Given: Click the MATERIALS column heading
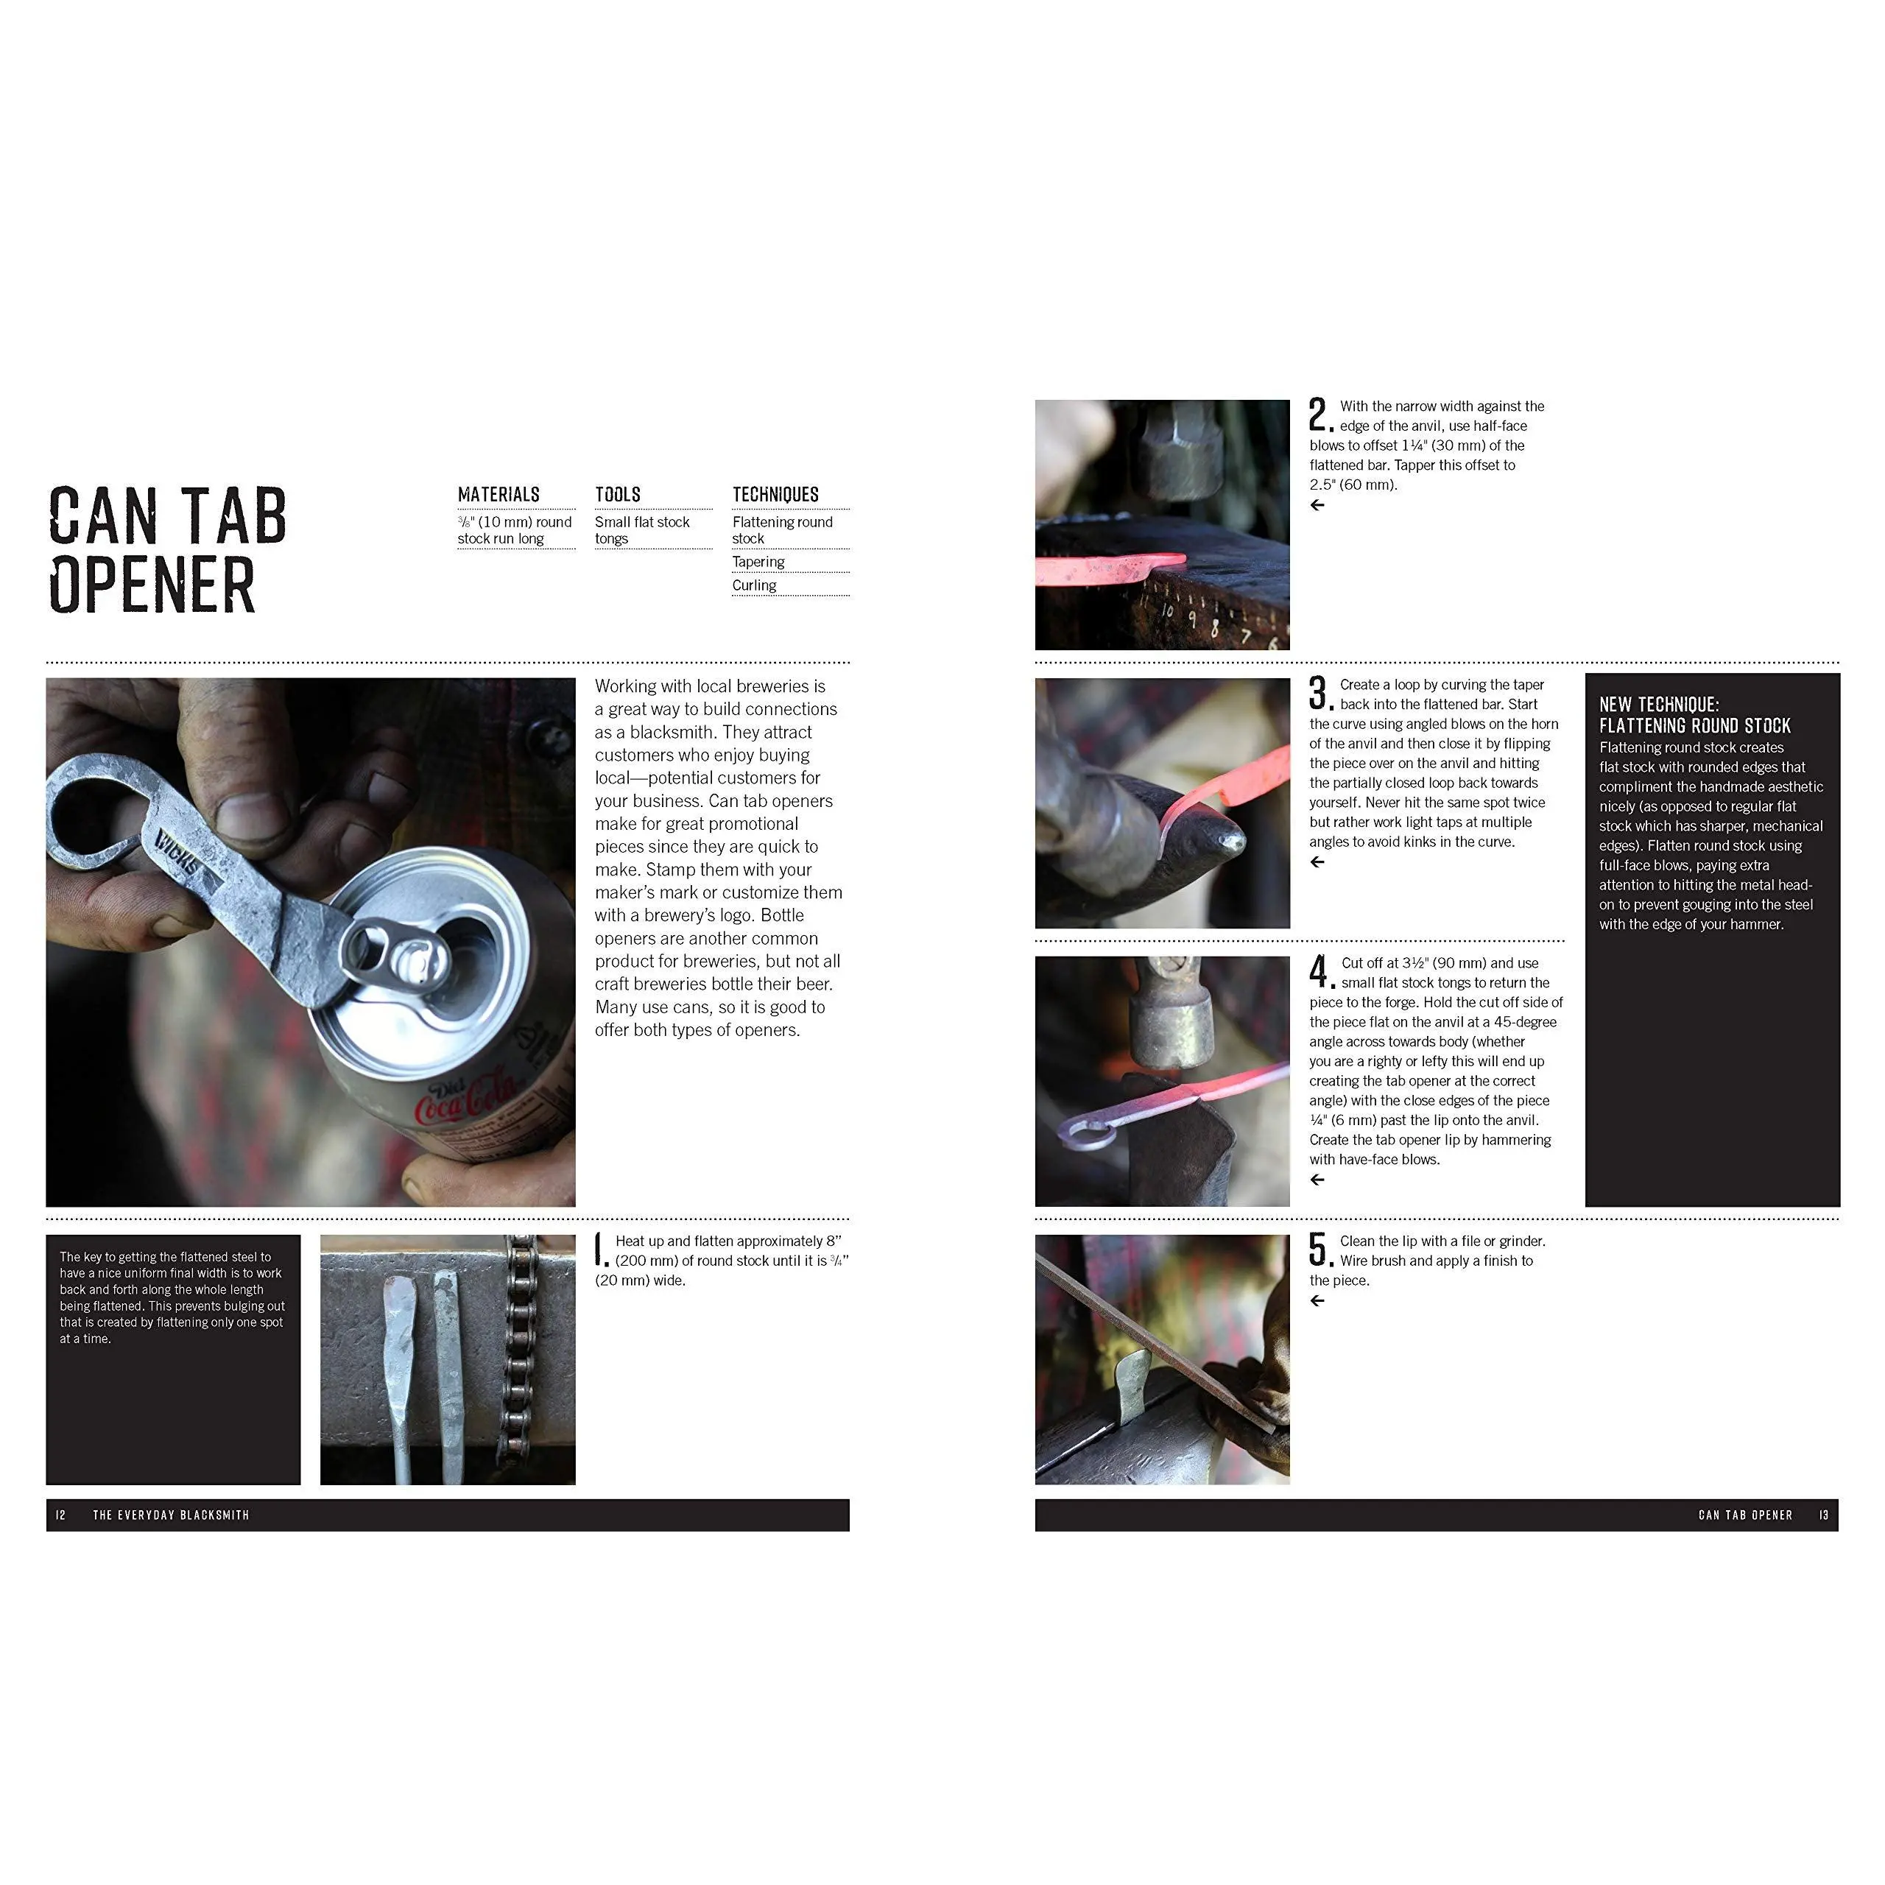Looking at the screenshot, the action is point(498,495).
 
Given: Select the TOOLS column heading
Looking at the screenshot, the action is point(618,495).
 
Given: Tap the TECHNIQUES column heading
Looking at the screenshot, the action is point(775,495).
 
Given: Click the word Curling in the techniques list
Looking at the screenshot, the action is point(754,585).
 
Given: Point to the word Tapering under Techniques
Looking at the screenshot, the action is point(758,562).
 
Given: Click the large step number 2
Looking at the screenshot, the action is point(1319,414).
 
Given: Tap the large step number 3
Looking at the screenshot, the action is point(1319,693).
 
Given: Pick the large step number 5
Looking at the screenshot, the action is point(1319,1249).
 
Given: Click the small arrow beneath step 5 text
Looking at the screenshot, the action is point(1317,1300).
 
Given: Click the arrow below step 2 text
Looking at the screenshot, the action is point(1317,504).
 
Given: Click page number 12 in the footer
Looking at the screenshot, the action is point(61,1515).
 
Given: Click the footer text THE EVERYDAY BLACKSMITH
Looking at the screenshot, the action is point(171,1515).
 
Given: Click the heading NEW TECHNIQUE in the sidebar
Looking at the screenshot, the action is point(1659,705).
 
